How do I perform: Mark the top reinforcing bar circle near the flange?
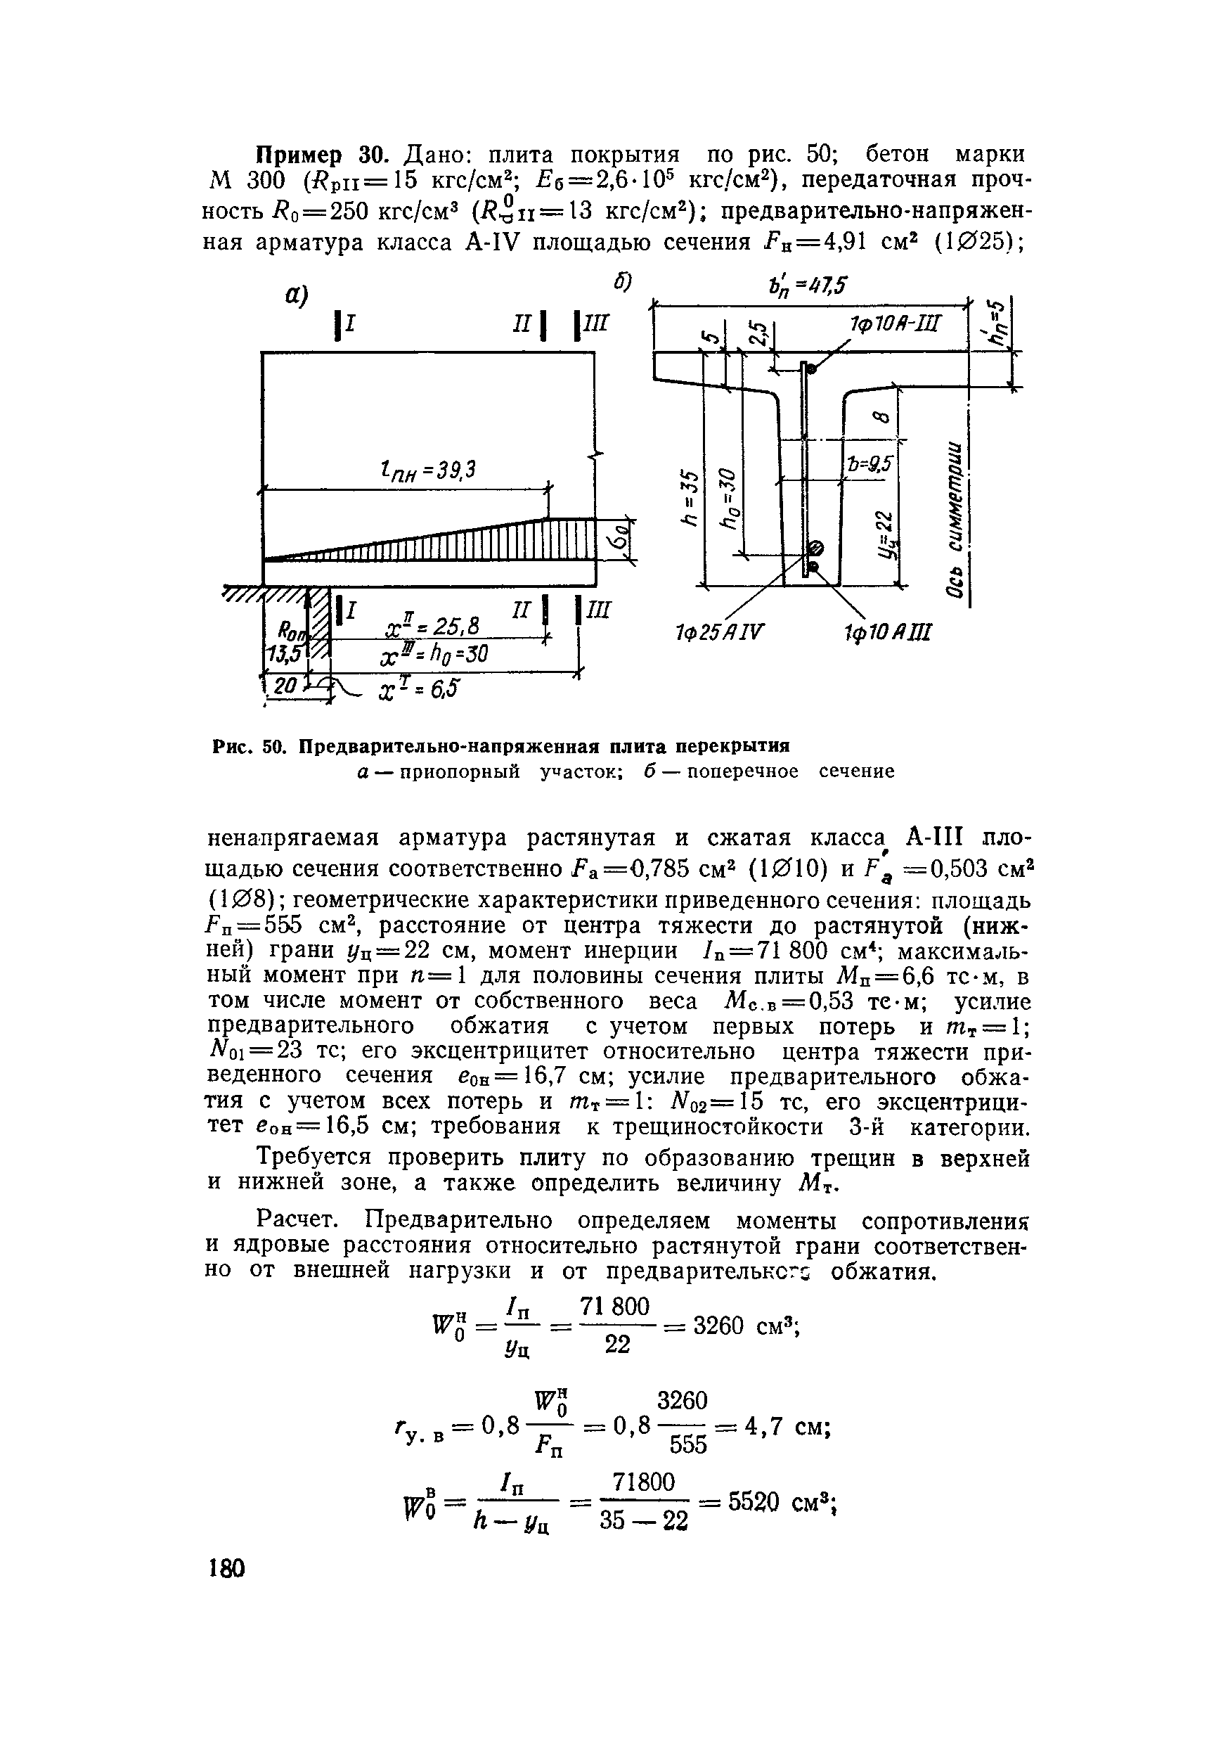point(811,369)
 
